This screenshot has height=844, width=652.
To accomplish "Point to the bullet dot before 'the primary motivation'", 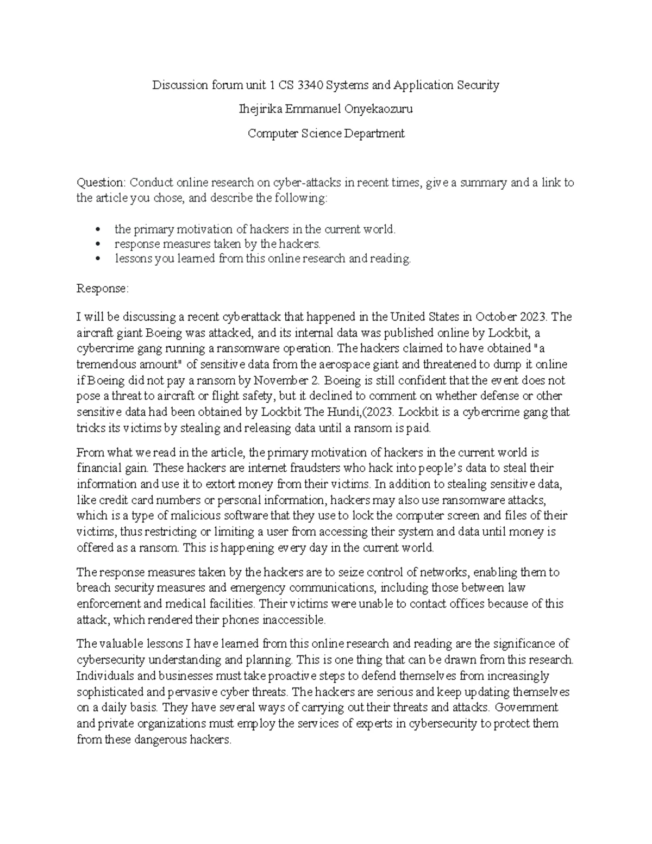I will point(98,230).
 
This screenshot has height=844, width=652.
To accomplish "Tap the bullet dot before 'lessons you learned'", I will point(98,259).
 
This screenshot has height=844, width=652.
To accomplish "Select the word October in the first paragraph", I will point(494,317).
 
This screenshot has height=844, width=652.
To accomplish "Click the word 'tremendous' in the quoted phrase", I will point(104,364).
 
